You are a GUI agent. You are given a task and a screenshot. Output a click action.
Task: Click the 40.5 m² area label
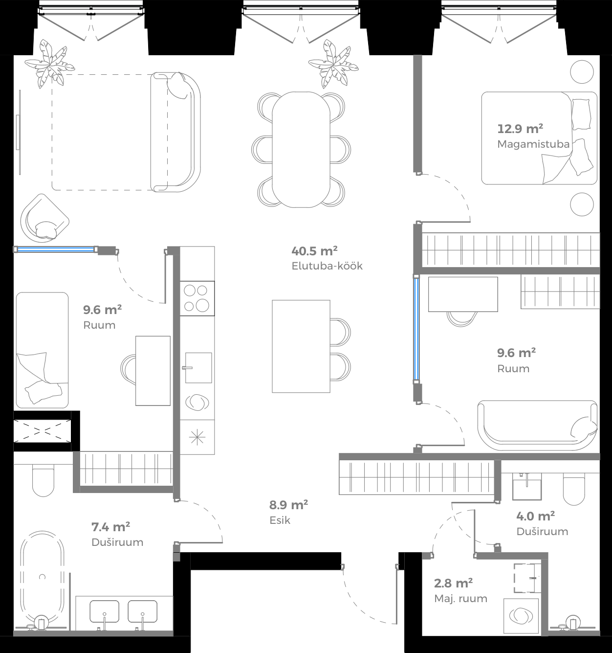coord(314,251)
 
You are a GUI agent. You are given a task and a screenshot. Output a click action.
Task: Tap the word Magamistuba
coord(533,144)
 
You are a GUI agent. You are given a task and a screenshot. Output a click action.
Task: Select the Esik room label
coord(280,520)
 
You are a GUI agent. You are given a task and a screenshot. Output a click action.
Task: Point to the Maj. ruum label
coord(460,598)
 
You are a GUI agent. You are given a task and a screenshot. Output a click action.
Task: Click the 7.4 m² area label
coord(110,527)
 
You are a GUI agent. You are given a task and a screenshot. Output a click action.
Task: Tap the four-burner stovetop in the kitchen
coord(197,298)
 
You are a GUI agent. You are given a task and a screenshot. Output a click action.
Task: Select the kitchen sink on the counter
coord(198,367)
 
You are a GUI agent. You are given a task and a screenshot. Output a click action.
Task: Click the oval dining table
coord(301,149)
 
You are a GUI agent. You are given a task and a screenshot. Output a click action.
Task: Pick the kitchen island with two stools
coord(301,346)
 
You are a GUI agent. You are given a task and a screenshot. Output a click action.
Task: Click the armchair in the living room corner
coord(44,219)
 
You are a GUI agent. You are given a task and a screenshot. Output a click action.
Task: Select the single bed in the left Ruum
coord(42,350)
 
